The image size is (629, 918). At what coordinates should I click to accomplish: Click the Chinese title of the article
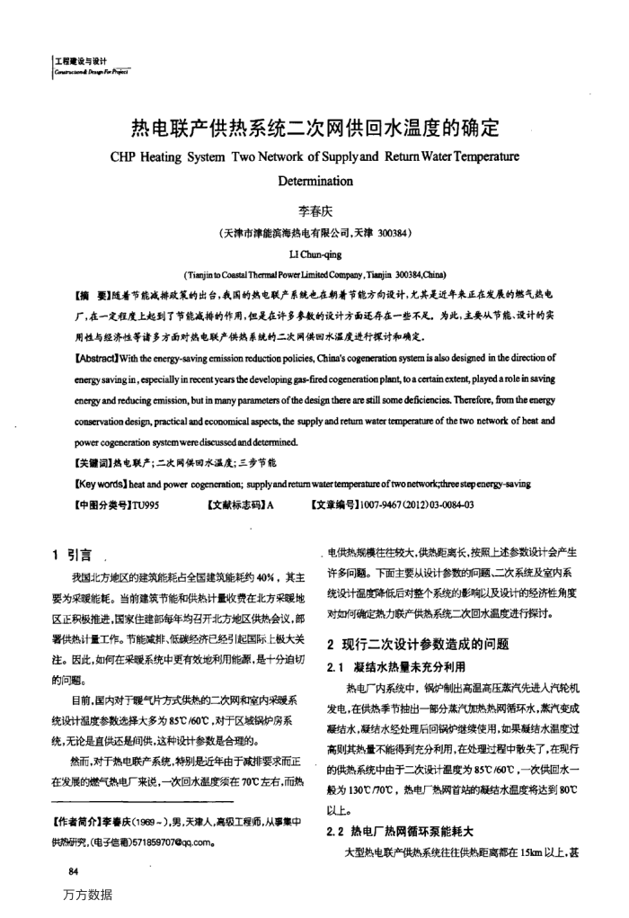(x=314, y=129)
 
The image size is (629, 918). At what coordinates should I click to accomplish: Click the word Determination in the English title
(x=314, y=180)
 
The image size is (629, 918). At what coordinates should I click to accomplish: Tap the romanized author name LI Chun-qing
(x=314, y=254)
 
